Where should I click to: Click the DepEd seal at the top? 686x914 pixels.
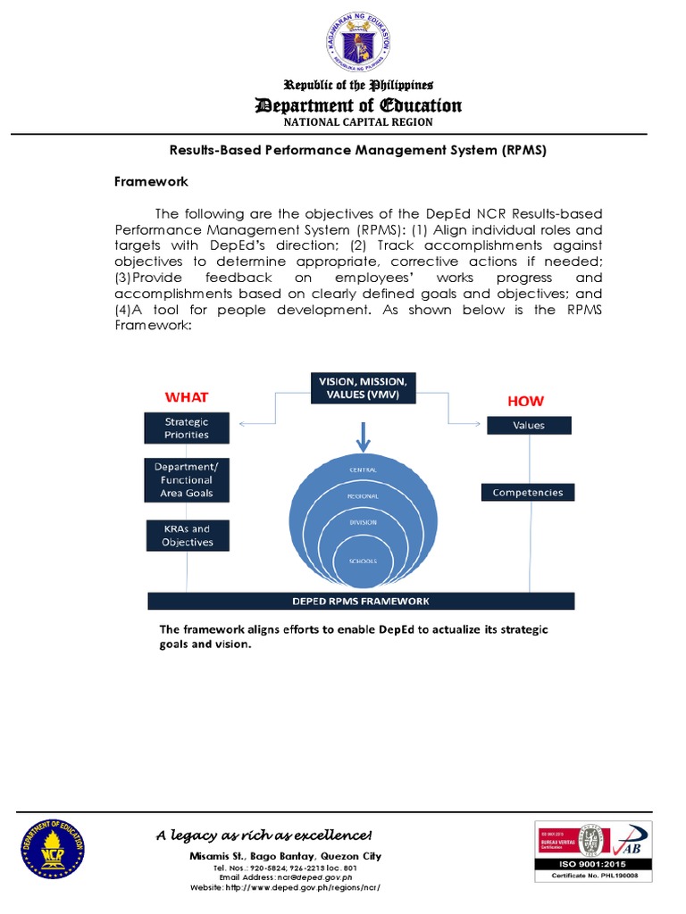pos(357,44)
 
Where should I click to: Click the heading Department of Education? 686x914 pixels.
pos(358,105)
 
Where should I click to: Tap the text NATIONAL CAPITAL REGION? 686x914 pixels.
pos(357,122)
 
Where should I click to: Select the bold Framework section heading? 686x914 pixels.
pos(151,181)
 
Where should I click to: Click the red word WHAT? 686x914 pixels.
pos(187,396)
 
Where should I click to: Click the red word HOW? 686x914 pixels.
pos(525,402)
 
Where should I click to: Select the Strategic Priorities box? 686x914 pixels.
pos(187,428)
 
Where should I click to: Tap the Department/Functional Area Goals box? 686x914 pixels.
pos(187,480)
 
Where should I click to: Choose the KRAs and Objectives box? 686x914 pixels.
pos(187,536)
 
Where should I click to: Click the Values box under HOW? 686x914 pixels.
pos(528,426)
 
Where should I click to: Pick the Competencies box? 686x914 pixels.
pos(528,492)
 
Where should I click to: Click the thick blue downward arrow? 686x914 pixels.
pos(363,435)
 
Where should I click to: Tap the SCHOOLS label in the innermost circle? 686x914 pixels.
pos(363,561)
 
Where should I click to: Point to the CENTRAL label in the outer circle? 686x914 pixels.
pos(363,469)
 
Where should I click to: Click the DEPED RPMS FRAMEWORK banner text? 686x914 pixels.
pos(363,601)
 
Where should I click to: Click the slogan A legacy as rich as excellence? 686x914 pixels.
pos(264,835)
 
